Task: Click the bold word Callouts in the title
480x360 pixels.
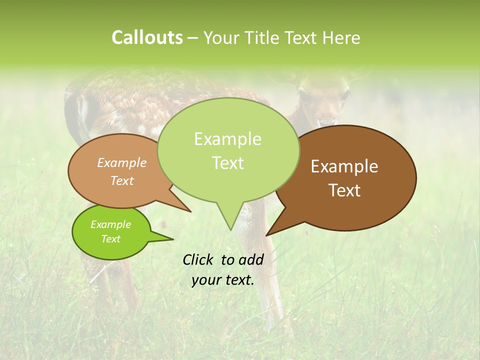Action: click(147, 37)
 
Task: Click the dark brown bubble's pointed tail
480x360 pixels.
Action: click(270, 232)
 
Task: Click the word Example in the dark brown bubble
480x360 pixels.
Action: click(344, 166)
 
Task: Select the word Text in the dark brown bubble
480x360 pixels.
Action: click(344, 190)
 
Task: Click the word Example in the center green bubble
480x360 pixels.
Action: click(227, 139)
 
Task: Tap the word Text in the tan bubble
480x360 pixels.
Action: click(122, 180)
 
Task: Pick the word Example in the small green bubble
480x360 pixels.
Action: click(110, 224)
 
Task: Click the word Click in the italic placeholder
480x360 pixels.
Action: click(198, 259)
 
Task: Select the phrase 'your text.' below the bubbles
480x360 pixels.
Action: click(222, 280)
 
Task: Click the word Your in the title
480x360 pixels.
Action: click(220, 37)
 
